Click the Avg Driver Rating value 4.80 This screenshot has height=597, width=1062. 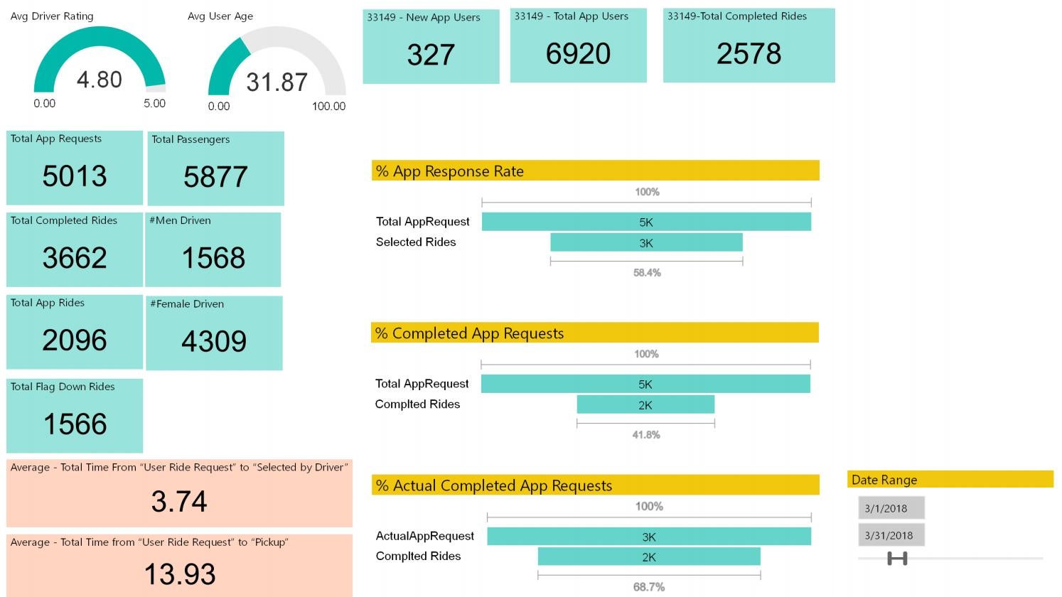(100, 80)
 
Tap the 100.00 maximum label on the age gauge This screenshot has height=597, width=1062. (328, 107)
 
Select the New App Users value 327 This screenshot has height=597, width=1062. (431, 55)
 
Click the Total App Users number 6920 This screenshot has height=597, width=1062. (578, 54)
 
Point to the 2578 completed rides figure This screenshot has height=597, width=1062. (749, 54)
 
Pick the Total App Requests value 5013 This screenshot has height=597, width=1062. (75, 176)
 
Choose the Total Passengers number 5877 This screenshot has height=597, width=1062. (215, 177)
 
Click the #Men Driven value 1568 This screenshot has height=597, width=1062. (213, 258)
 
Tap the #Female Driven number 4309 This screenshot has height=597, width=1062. (214, 342)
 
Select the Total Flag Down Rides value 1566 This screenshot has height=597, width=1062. (75, 424)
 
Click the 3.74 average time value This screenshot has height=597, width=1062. (179, 502)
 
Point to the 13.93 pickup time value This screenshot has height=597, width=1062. (179, 574)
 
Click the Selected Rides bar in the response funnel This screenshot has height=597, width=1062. (646, 243)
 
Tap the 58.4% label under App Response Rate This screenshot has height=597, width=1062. (647, 273)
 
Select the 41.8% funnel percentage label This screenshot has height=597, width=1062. (645, 435)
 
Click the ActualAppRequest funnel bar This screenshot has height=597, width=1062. (648, 537)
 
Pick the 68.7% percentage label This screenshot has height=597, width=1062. (648, 587)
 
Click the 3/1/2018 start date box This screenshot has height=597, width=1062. (891, 508)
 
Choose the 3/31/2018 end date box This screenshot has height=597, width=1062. (891, 535)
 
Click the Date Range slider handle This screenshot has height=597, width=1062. (897, 559)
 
